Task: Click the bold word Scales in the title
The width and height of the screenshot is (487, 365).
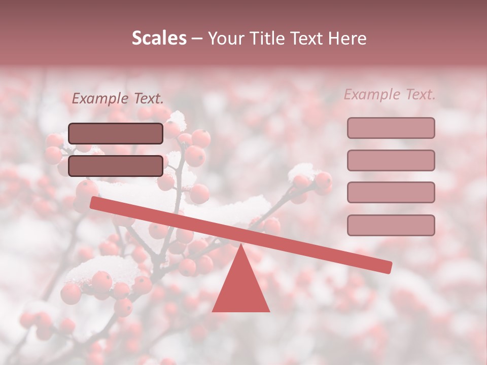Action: point(159,38)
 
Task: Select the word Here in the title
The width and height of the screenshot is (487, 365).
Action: point(347,38)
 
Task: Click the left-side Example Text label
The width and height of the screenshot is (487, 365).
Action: point(118,98)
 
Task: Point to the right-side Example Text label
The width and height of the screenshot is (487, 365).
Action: point(390,94)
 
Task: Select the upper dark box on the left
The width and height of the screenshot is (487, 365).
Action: point(116,133)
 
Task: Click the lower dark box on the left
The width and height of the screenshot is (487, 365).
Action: point(116,166)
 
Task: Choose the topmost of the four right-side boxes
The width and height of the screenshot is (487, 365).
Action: point(391,128)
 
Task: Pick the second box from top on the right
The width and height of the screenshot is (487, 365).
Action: point(391,160)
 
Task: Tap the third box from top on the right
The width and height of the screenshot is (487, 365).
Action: point(391,193)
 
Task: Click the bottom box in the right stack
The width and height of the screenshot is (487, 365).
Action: point(391,225)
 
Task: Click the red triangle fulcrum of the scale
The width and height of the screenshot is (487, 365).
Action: point(241,286)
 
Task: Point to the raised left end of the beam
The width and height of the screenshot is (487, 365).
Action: point(94,203)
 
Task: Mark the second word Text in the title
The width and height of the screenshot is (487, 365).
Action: point(307,38)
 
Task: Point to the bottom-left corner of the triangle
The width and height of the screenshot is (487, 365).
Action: point(213,311)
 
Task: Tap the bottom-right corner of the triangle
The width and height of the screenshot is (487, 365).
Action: point(269,311)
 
